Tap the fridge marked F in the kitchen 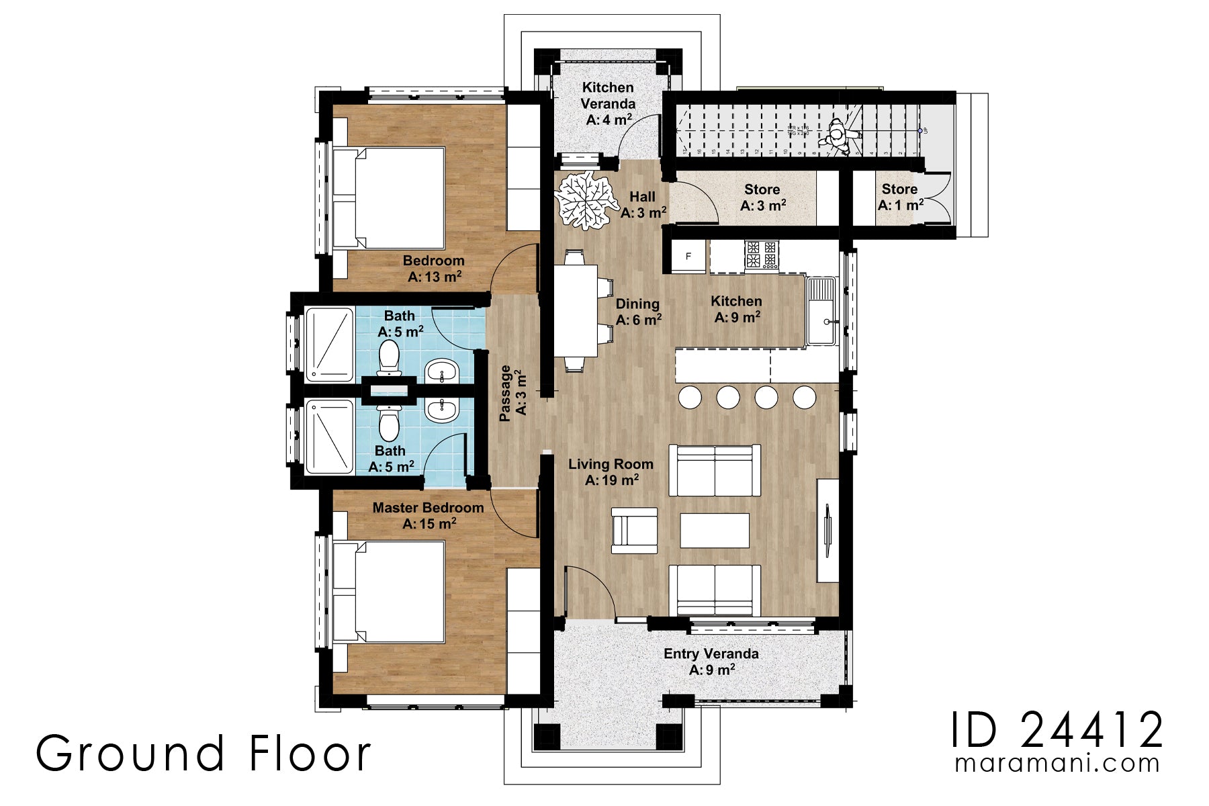(x=688, y=257)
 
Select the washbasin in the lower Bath (x=442, y=410)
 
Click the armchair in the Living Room (x=634, y=530)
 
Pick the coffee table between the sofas (x=715, y=531)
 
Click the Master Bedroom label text (x=428, y=508)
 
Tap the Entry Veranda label (x=711, y=661)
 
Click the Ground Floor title (x=203, y=753)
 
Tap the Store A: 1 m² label (x=900, y=197)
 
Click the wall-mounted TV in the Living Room (x=827, y=531)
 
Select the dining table (x=576, y=310)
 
